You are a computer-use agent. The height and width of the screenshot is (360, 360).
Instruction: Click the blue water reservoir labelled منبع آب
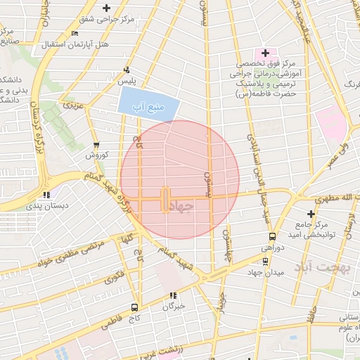tap(148, 103)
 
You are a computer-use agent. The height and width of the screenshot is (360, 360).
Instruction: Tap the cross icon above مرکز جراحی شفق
tap(106, 8)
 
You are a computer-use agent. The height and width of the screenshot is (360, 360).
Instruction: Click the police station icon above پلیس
tap(127, 70)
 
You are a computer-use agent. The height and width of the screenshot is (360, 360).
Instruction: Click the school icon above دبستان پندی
tap(46, 195)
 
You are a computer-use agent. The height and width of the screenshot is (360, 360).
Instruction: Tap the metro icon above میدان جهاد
tap(264, 261)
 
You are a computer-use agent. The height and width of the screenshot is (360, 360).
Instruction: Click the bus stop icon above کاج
tap(134, 307)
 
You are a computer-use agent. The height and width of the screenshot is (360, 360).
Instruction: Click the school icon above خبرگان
tap(173, 295)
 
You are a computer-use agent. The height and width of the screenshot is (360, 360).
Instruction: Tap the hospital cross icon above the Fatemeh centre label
tap(265, 53)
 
